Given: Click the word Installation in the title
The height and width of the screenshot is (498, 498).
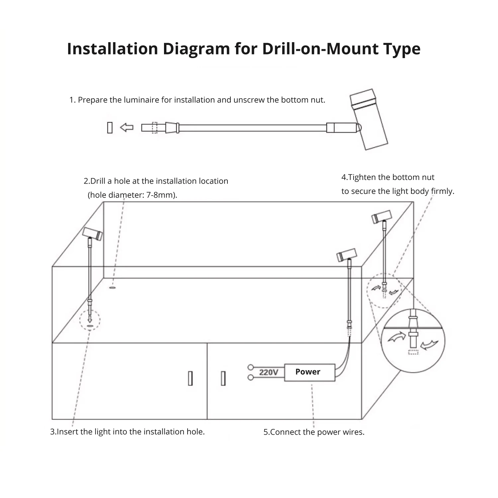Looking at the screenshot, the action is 113,48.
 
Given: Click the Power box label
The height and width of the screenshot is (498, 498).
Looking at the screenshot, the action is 308,372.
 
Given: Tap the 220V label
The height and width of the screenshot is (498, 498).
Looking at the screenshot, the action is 269,372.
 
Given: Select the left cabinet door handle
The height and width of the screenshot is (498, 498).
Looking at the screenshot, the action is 190,378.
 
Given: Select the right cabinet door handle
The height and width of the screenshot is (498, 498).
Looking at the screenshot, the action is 223,378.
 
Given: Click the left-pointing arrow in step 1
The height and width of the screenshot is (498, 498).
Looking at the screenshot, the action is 126,127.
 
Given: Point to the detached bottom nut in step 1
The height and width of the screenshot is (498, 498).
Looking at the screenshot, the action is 110,128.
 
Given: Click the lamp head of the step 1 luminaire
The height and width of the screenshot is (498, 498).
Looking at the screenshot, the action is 369,119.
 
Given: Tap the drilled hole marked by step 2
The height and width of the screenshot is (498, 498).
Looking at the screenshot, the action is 113,288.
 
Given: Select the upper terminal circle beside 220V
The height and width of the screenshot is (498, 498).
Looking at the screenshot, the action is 251,367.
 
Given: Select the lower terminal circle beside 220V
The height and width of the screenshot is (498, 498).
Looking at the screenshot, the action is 251,377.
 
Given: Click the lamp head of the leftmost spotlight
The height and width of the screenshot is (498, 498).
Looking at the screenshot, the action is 93,234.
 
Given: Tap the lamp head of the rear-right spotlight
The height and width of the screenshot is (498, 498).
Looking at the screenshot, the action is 381,216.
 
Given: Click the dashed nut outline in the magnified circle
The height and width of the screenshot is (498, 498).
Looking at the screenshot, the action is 413,352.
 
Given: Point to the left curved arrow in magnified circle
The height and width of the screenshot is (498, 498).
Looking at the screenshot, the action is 397,337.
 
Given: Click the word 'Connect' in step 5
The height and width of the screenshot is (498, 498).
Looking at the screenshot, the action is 284,432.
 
